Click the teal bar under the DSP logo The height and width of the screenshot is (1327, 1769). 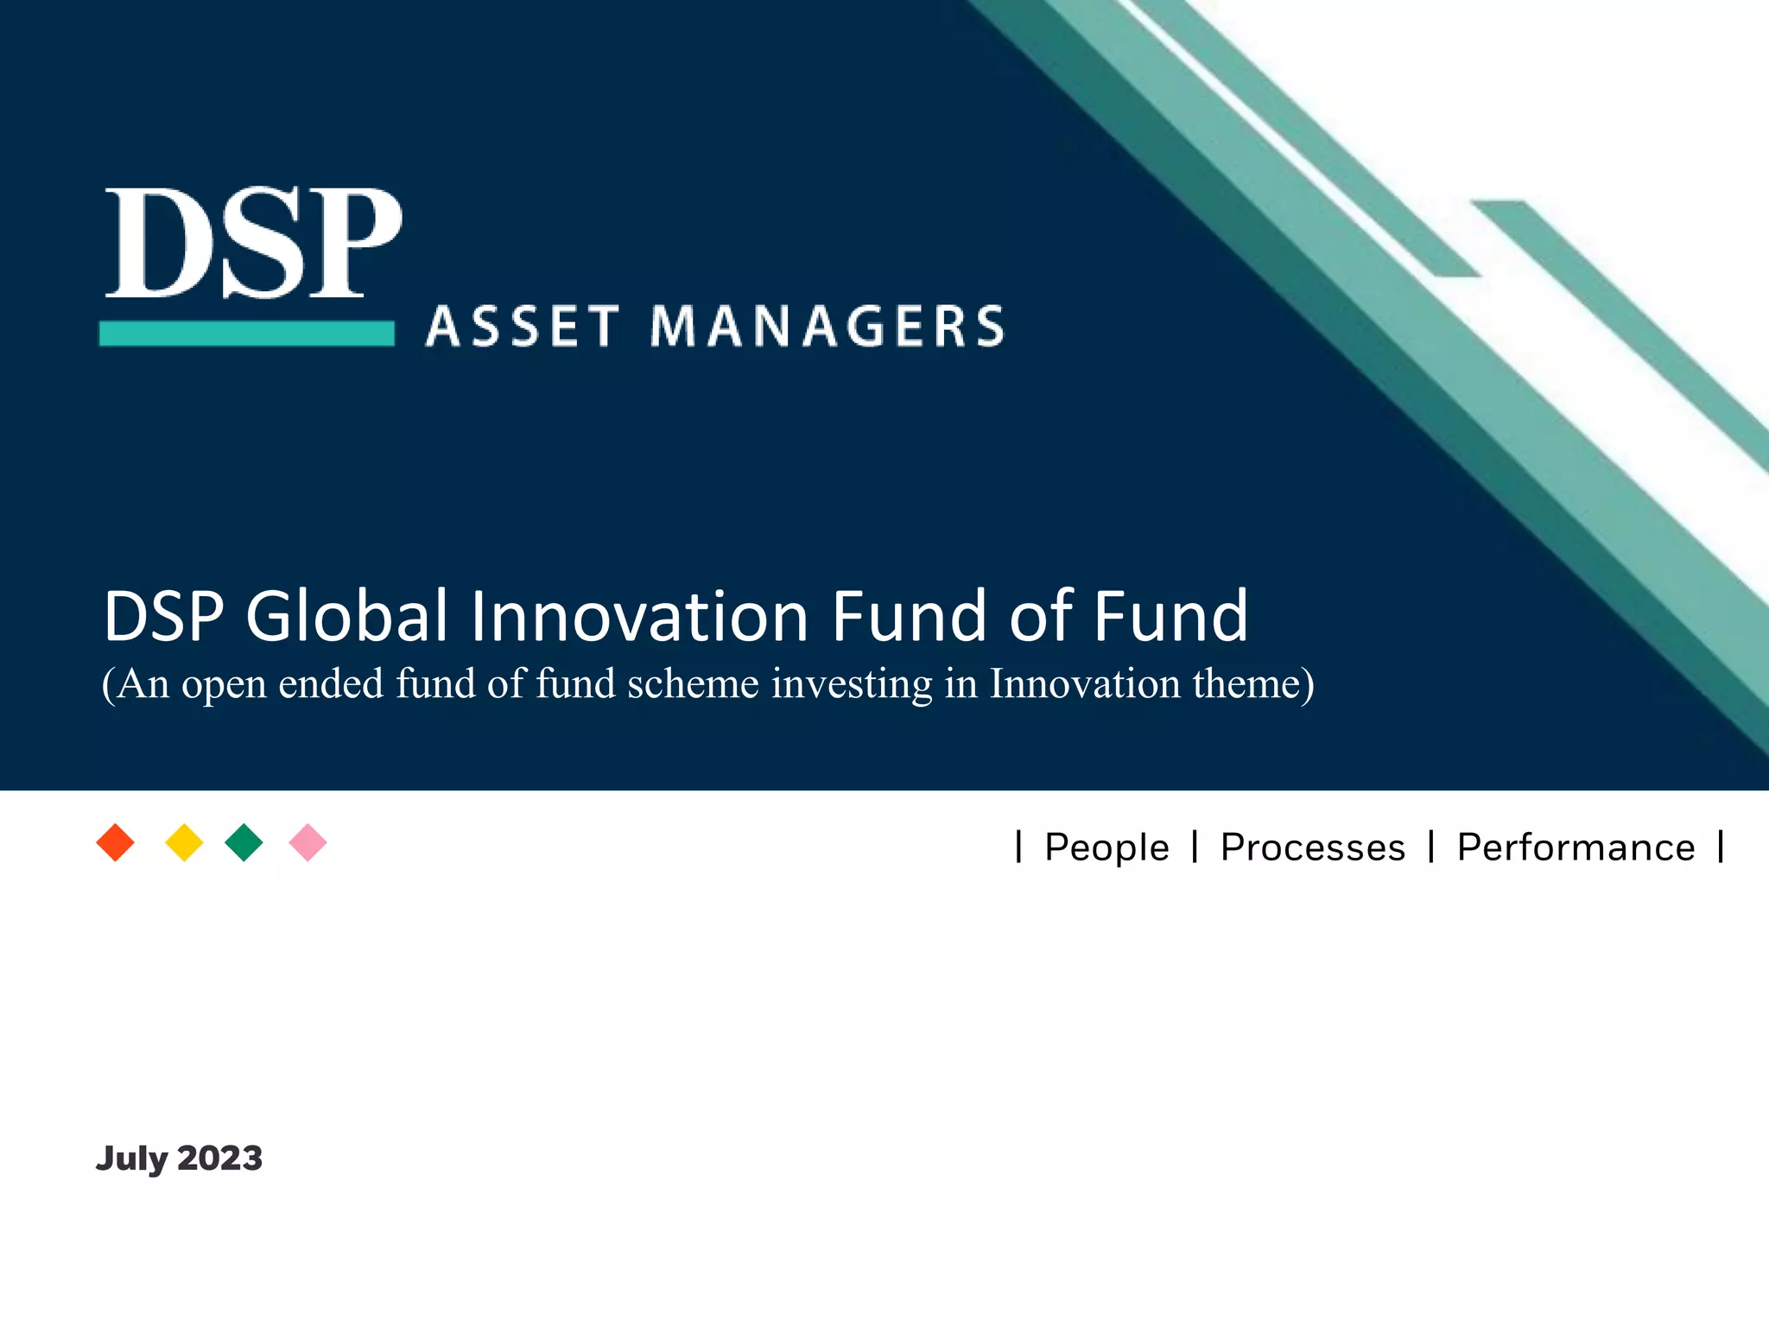[x=247, y=333]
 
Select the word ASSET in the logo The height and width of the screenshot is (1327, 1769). [x=523, y=327]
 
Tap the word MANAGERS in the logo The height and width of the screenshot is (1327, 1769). [x=827, y=327]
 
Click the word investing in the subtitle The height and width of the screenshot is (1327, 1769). [x=852, y=685]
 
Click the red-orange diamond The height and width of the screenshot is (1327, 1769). [x=116, y=842]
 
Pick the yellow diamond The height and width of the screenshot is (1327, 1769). [x=184, y=842]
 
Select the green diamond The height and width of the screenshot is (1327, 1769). [x=244, y=842]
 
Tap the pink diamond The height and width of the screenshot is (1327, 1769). [x=308, y=842]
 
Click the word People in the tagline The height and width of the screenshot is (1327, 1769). [x=1106, y=848]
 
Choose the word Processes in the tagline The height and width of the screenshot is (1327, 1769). [x=1313, y=848]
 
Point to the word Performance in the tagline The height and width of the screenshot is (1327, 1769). [x=1576, y=848]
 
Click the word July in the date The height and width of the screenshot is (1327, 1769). [x=131, y=1159]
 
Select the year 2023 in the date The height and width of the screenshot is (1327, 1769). [x=219, y=1159]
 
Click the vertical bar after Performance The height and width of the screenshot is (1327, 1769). [x=1721, y=847]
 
